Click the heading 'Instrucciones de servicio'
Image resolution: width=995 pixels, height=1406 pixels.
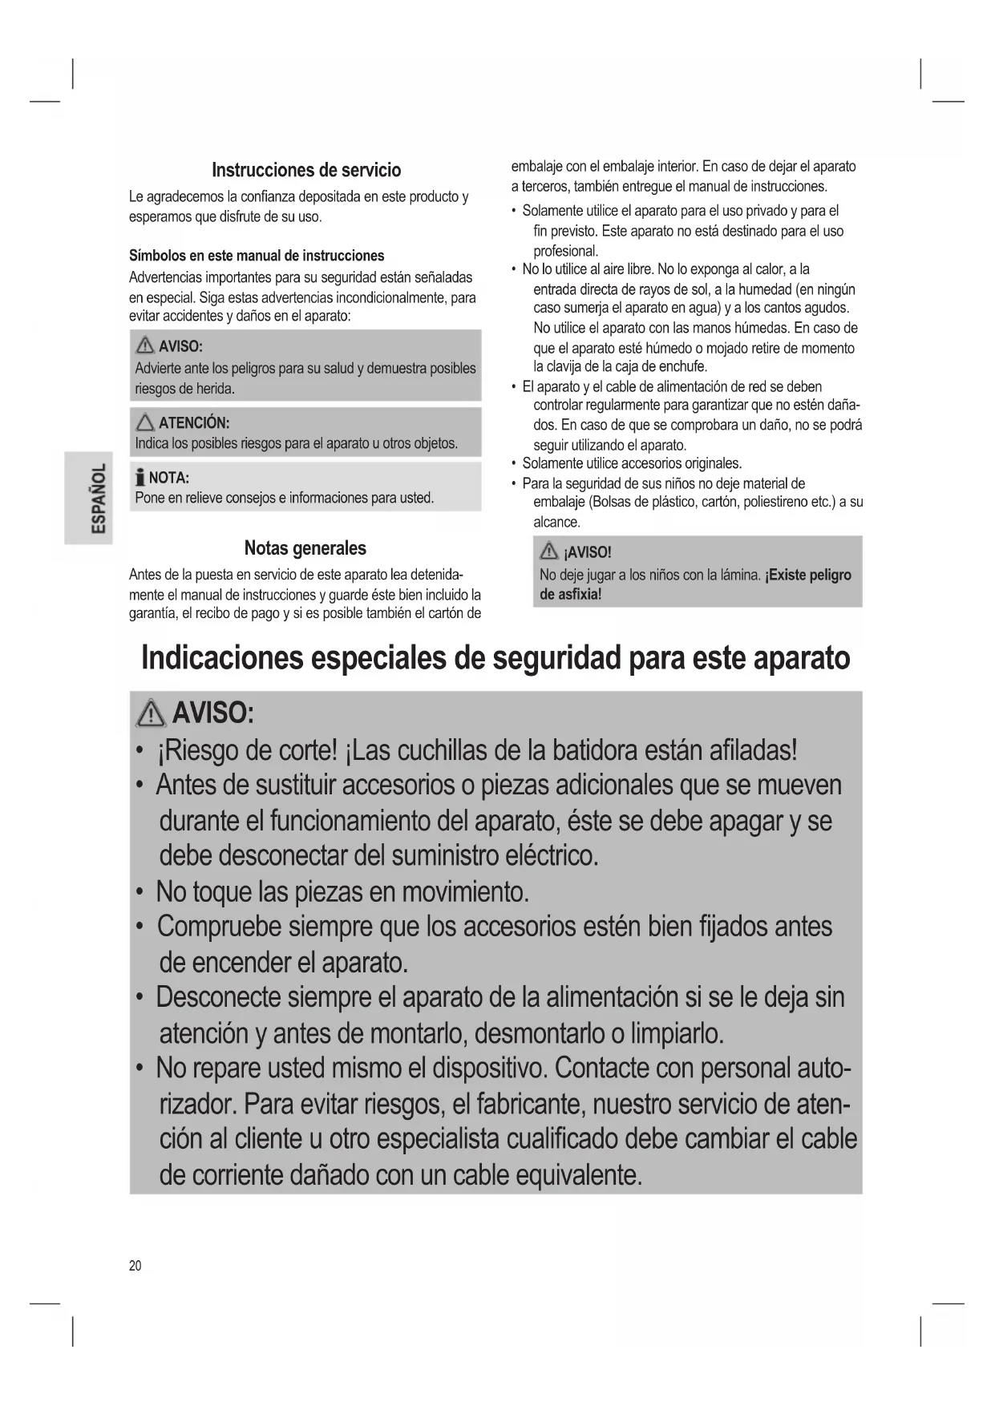[x=305, y=170]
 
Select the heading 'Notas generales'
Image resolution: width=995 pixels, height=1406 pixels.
[x=305, y=548]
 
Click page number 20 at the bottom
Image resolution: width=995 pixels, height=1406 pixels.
[x=135, y=1266]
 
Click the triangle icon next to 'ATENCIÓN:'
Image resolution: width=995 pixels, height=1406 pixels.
[x=145, y=422]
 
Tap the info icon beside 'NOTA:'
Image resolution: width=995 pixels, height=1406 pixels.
[x=140, y=479]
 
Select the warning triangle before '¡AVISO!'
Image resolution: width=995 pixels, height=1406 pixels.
[x=549, y=551]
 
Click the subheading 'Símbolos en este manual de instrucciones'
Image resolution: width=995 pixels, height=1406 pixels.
[x=257, y=256]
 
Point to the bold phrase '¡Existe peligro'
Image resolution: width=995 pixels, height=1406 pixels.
[x=808, y=575]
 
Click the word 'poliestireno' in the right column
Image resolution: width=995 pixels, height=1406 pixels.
[x=777, y=502]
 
